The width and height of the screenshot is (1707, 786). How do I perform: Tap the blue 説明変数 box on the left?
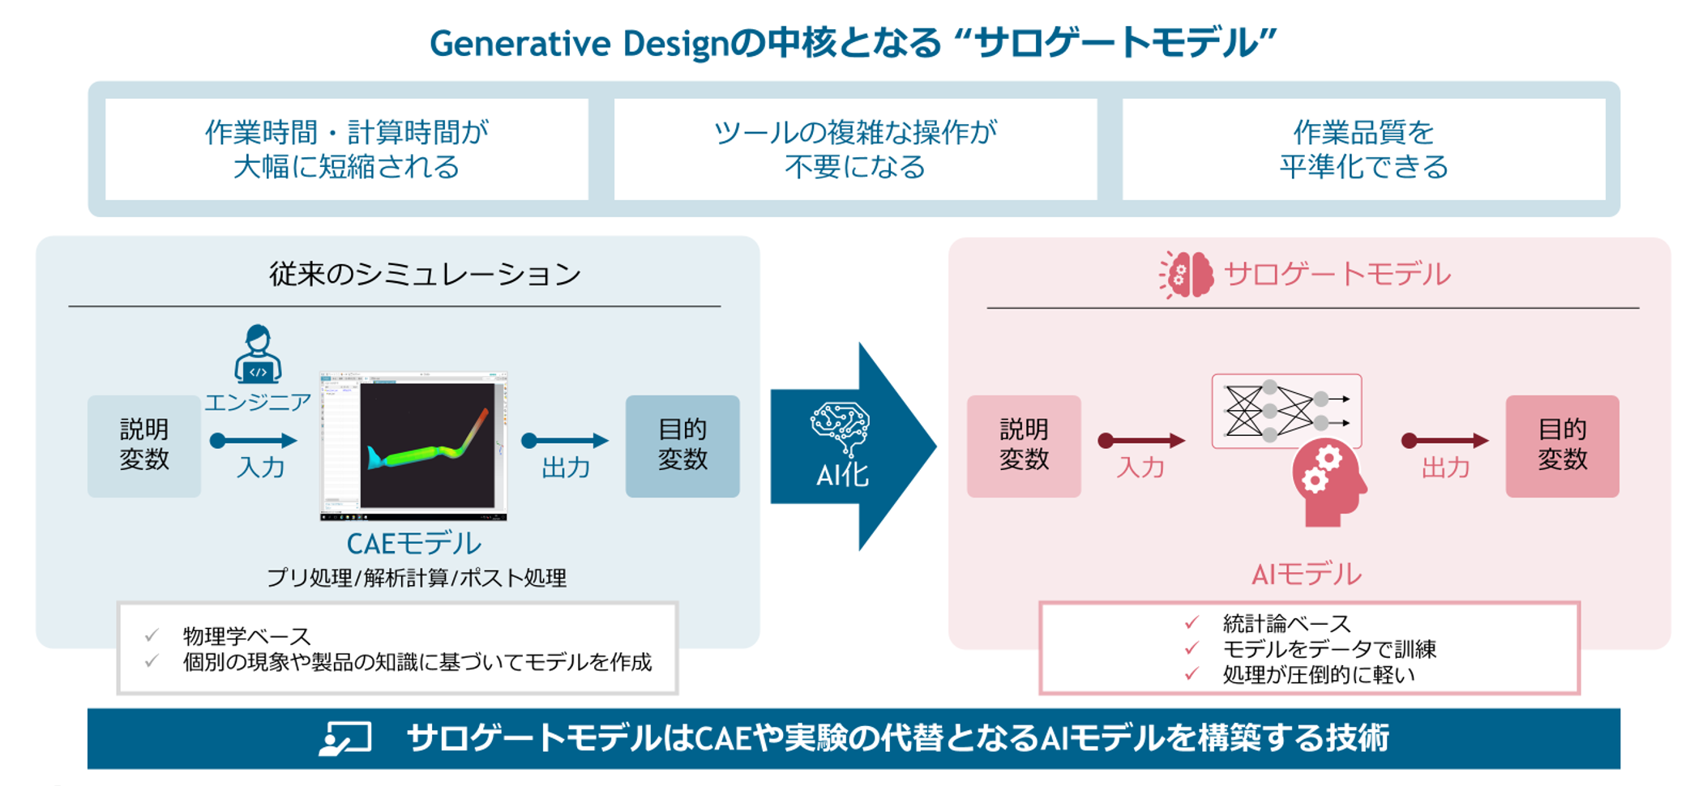(x=144, y=446)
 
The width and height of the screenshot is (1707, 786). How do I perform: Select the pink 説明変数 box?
(x=1024, y=446)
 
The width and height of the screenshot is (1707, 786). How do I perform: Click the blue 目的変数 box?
(x=682, y=446)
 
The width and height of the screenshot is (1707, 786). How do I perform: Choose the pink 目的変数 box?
(x=1563, y=446)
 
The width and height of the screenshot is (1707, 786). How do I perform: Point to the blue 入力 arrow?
(x=254, y=441)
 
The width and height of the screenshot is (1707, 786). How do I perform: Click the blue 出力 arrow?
(x=565, y=441)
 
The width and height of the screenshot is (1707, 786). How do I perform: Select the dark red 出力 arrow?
(x=1445, y=441)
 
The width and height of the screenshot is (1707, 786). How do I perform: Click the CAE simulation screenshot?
(x=413, y=446)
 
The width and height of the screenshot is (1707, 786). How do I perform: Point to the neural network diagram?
(x=1286, y=411)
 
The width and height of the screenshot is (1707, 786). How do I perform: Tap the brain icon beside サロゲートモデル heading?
(x=1186, y=275)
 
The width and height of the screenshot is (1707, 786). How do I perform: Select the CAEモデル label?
(x=413, y=543)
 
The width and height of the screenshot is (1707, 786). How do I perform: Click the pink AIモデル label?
(x=1307, y=575)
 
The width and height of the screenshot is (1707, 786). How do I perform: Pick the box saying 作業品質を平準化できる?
(x=1364, y=149)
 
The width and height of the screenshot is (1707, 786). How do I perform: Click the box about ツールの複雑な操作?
(x=855, y=149)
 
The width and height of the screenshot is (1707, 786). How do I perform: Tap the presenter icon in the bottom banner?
(x=345, y=738)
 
